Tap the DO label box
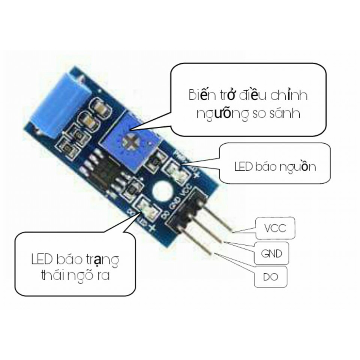(x=270, y=277)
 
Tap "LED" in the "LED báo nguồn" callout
(x=243, y=166)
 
